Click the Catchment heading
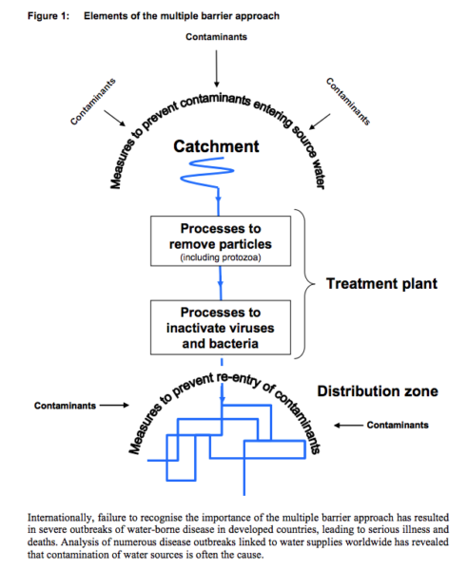tap(216, 146)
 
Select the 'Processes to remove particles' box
tap(221, 241)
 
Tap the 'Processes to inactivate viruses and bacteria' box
tap(221, 327)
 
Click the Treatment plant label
tap(381, 283)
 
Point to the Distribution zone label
tap(378, 391)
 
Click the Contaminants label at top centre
tap(216, 37)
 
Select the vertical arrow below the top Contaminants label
tap(217, 68)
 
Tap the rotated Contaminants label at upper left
tap(93, 102)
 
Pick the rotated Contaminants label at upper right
tap(348, 102)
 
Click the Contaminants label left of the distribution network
tap(65, 406)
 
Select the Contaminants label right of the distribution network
tap(398, 425)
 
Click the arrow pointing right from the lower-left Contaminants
tap(114, 405)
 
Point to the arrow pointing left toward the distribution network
tap(348, 425)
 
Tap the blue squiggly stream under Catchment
tap(207, 172)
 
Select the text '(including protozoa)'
tap(221, 257)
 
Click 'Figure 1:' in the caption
tap(49, 16)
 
